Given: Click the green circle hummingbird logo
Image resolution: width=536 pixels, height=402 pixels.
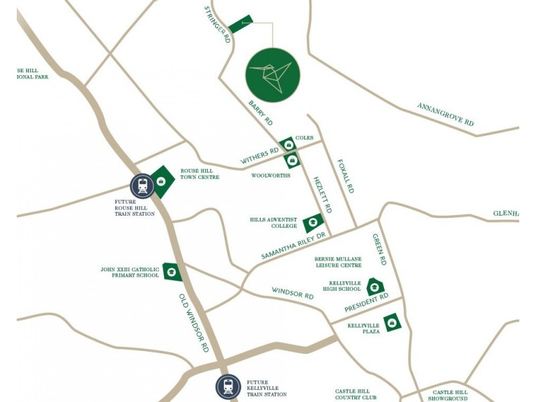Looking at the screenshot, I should (x=273, y=75).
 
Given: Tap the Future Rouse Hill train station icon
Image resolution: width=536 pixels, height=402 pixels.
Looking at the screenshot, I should (x=142, y=186).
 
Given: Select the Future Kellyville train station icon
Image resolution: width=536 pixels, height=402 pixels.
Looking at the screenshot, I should (x=228, y=387).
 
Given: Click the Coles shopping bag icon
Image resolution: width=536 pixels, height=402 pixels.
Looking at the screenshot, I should (x=288, y=144).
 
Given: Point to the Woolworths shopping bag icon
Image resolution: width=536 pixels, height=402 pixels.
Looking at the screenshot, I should (x=292, y=161).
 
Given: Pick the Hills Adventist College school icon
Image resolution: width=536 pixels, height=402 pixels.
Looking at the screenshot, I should (x=313, y=223).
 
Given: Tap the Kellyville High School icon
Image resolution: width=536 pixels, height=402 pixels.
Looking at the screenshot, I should (x=374, y=287).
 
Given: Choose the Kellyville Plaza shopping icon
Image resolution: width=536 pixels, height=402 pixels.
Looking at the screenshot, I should (x=391, y=323).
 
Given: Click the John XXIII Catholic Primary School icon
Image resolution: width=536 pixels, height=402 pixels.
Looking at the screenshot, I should (x=172, y=271).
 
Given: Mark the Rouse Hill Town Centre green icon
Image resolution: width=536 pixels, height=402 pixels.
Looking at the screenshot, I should (x=161, y=181).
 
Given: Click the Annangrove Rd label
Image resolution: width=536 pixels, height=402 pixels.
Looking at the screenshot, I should (x=445, y=115).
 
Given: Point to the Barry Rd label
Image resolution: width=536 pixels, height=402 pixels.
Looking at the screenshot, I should (x=261, y=113).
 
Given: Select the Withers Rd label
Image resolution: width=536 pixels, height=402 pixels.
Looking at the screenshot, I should (x=259, y=157).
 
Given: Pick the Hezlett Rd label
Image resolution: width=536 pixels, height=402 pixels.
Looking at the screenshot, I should (x=322, y=195).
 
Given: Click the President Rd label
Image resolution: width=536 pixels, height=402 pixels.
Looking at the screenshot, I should (x=366, y=304).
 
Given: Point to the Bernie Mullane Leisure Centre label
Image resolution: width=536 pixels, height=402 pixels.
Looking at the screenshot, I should (x=338, y=262).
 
